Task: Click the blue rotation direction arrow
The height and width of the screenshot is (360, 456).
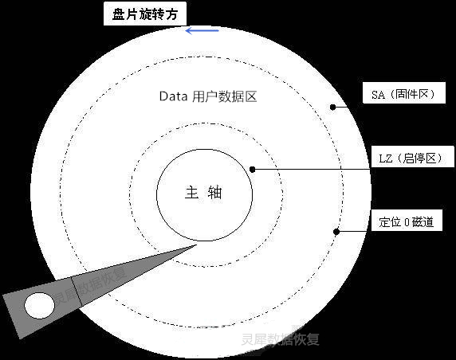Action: click(202, 30)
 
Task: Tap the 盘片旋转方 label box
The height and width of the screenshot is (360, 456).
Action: click(145, 14)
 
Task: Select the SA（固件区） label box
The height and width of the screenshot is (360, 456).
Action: click(404, 93)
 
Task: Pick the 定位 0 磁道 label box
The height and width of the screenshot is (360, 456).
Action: click(407, 221)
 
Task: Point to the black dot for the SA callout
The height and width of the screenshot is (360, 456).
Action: click(333, 107)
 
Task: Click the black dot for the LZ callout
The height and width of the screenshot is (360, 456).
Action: click(253, 169)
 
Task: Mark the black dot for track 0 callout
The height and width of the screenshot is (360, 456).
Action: click(336, 232)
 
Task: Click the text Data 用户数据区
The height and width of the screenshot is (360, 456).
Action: click(208, 96)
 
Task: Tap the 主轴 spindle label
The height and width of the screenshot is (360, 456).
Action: click(203, 193)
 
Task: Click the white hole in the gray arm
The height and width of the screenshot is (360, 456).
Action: click(39, 305)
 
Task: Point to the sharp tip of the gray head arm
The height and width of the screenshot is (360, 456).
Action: click(197, 245)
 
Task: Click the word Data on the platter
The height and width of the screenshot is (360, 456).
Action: click(173, 96)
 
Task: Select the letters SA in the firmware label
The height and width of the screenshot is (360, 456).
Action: click(378, 94)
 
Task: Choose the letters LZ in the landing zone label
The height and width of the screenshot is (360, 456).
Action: click(386, 158)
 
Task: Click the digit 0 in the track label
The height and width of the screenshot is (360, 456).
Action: click(407, 222)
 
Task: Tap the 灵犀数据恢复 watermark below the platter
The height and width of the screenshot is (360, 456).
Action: click(280, 339)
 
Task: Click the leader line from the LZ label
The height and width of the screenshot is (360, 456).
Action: click(312, 169)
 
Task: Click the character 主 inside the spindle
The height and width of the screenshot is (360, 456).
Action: click(191, 193)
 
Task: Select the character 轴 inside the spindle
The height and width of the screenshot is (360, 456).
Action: click(215, 193)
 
